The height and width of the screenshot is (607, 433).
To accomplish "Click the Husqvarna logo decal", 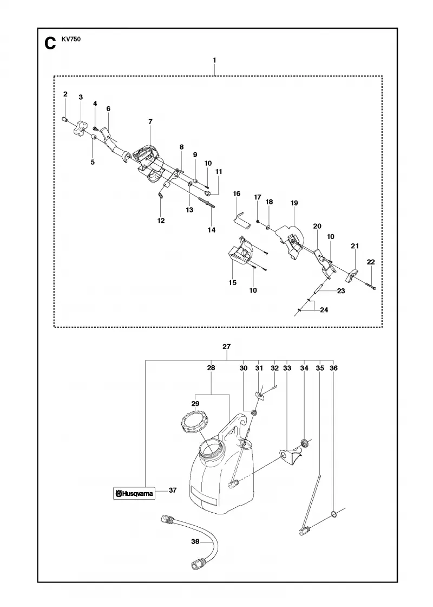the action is [x=134, y=493].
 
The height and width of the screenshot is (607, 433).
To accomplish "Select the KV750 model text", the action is [x=71, y=38].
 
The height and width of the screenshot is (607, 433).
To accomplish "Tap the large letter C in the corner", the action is [x=50, y=44].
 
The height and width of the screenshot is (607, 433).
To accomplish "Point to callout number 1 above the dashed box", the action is [x=214, y=60].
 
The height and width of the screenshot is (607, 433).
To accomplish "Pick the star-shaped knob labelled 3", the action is [x=81, y=127].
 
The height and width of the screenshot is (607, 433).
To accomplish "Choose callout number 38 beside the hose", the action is [x=195, y=541].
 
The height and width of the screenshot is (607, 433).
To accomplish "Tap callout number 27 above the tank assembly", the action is [x=227, y=347].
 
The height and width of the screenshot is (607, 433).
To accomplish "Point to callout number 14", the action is [x=211, y=230].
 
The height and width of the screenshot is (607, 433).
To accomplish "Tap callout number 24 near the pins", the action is [x=324, y=309].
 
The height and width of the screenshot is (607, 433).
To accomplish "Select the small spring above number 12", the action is [x=161, y=196].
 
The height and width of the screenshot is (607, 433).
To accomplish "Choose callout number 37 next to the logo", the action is [x=173, y=490].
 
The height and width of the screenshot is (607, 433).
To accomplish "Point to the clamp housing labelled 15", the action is [x=241, y=251].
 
